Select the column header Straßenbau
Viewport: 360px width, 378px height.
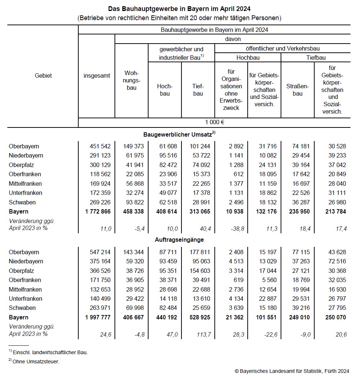[x=297, y=90]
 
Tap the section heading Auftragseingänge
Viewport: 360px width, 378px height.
[x=179, y=240]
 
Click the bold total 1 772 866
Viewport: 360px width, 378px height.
[x=95, y=211]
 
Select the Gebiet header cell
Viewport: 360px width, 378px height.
[x=43, y=75]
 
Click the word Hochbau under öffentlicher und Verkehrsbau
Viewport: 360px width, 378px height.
[x=248, y=58]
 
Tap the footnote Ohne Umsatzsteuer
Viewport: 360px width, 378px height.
[x=35, y=362]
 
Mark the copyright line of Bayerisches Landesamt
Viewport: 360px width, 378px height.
[x=292, y=371]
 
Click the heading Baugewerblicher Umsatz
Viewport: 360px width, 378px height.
[x=179, y=134]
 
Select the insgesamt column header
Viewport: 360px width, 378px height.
[x=97, y=75]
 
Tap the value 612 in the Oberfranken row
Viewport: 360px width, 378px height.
[x=238, y=174]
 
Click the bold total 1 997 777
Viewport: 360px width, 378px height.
[x=95, y=317]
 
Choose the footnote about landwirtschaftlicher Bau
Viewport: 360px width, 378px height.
[x=50, y=352]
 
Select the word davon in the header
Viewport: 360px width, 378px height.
[x=233, y=39]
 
